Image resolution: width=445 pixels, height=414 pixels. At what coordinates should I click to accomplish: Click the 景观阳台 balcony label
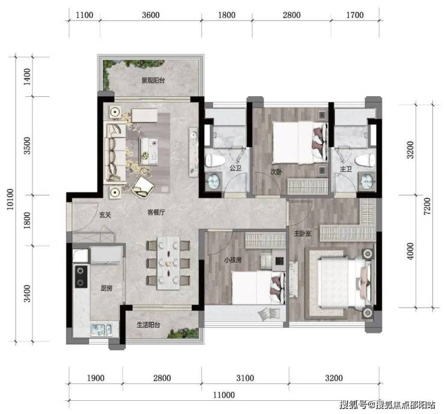point(153,81)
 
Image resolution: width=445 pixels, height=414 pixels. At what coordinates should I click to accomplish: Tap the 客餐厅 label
point(156,212)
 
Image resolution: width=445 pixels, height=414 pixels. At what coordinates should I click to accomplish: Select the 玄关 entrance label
point(105,215)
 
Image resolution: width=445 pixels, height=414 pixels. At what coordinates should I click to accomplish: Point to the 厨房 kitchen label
point(106,288)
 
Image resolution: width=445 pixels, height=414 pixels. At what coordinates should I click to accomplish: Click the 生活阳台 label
point(149,324)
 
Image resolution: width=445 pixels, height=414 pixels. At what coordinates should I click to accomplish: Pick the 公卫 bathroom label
point(236,168)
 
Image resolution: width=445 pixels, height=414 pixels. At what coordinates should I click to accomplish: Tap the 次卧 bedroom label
point(276,172)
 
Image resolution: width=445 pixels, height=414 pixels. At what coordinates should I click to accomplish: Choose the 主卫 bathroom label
point(346,169)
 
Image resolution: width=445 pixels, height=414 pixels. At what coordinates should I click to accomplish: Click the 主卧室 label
point(302,233)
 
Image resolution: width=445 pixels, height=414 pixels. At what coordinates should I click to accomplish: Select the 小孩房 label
point(233,260)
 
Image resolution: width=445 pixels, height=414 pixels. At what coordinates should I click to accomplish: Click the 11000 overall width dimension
point(224,395)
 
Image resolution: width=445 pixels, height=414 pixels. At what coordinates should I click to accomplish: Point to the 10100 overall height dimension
point(10,199)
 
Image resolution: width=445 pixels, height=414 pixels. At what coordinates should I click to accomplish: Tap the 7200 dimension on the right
point(427,206)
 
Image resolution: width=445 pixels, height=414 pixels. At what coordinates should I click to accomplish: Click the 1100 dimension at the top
point(84,15)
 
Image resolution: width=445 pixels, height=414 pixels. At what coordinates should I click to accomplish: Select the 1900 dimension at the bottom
point(96,378)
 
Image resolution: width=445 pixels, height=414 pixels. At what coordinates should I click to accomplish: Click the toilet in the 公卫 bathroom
point(213,161)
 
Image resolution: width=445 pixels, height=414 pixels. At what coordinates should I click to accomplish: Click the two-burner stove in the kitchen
point(81,276)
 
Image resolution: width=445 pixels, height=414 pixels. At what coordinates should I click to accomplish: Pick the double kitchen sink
point(101,329)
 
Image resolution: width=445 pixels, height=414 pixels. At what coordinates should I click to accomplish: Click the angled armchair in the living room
point(143,187)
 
